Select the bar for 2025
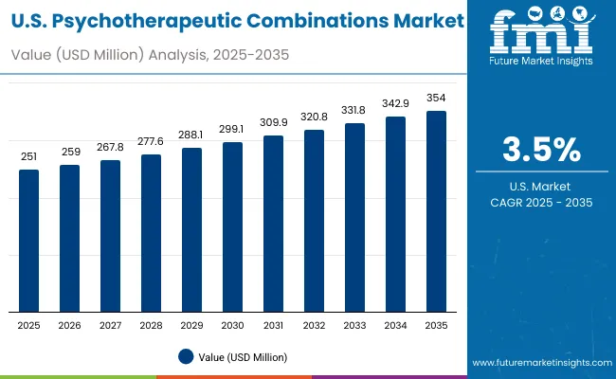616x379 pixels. [29, 241]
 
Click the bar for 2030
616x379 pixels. [232, 227]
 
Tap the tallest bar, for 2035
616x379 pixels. [436, 211]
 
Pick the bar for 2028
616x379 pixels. [151, 233]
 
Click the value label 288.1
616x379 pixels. [191, 135]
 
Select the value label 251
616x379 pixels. [29, 156]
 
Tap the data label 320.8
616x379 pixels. [314, 116]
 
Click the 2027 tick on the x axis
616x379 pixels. [110, 325]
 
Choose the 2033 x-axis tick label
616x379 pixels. [354, 325]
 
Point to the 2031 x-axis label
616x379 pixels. [273, 325]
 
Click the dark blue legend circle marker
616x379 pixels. [185, 356]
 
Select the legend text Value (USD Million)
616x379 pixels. [242, 356]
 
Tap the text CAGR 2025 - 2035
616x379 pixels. [541, 203]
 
